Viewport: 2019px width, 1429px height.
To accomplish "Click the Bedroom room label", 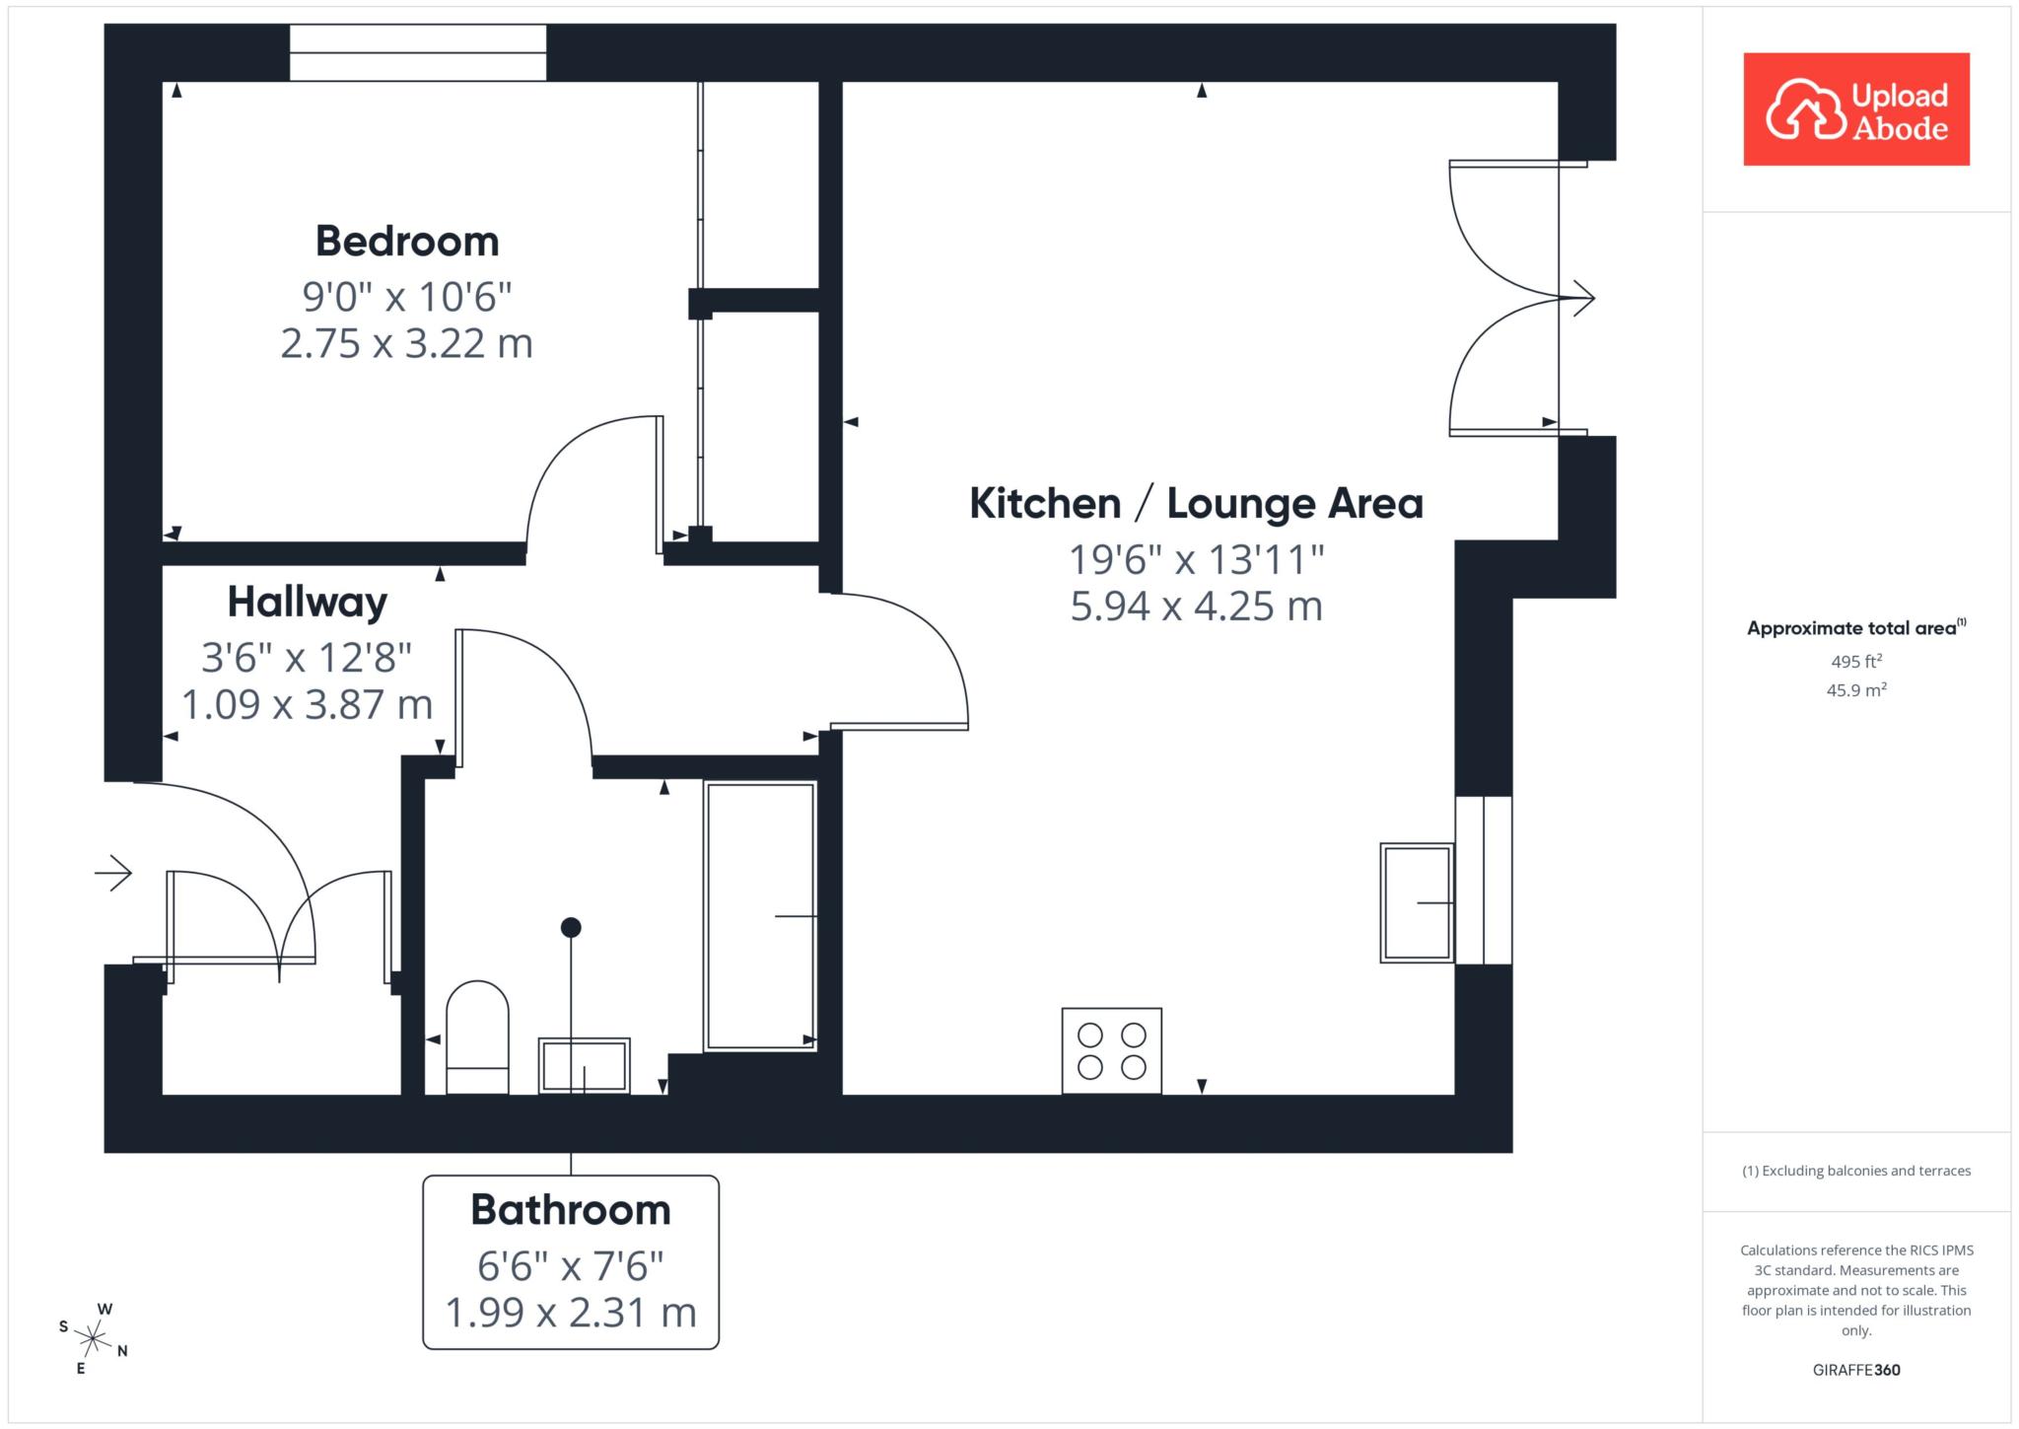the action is (x=407, y=241).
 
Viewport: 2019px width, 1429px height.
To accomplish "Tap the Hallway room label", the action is (x=308, y=602).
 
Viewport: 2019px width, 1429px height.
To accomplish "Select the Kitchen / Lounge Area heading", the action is (x=1196, y=504).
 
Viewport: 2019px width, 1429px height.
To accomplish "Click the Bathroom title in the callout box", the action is (x=571, y=1210).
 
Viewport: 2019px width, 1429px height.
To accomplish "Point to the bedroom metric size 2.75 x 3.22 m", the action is (x=407, y=343).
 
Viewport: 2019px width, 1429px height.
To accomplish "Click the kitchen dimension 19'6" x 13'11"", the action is (x=1196, y=559).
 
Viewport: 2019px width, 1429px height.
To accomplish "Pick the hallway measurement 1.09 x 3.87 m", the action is (x=308, y=704).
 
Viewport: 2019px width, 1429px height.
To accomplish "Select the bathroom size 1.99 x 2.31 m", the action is (x=571, y=1313).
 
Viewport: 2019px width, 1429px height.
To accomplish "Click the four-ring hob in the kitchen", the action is (x=1112, y=1050).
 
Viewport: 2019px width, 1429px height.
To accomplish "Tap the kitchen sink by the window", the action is (x=1417, y=902).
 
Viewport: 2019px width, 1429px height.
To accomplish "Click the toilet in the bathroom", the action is (x=477, y=1036).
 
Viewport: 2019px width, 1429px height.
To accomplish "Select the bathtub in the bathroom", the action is (x=760, y=916).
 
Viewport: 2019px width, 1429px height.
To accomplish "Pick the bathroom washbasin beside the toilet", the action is (x=585, y=1065).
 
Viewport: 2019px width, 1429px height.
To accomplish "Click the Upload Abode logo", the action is (x=1856, y=109).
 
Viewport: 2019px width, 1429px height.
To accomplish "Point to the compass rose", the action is (x=94, y=1338).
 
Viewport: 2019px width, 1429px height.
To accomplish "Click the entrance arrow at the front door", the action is (x=113, y=872).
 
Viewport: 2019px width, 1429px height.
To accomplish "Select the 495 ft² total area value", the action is (x=1856, y=661).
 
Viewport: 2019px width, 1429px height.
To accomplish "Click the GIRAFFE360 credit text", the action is (x=1856, y=1370).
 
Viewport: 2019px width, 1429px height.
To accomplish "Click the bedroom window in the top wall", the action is (x=418, y=52).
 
